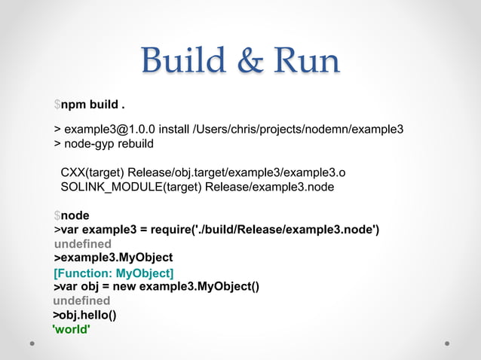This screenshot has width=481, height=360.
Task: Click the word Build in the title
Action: pos(176,62)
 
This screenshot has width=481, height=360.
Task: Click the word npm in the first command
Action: pos(72,104)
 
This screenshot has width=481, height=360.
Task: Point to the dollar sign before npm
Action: pos(57,104)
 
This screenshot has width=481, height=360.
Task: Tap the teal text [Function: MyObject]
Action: pos(114,272)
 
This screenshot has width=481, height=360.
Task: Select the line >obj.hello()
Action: pos(84,315)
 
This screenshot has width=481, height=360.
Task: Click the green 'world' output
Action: pos(72,329)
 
